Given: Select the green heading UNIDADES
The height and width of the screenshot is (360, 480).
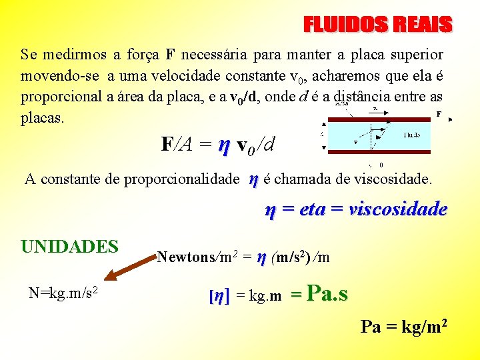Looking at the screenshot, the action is (x=69, y=246).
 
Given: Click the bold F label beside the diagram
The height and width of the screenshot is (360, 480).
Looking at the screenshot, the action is (x=439, y=114).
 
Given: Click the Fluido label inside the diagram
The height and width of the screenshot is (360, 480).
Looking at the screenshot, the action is (x=411, y=135).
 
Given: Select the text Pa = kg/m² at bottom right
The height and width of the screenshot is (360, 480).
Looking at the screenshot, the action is (x=403, y=327).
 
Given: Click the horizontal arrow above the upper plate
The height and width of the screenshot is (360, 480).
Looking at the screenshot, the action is (x=377, y=109).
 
